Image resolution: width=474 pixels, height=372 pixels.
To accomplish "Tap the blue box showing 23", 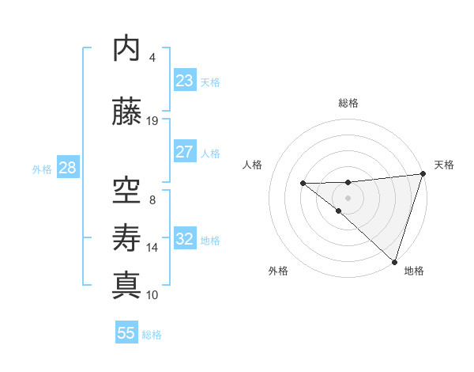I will click(185, 81).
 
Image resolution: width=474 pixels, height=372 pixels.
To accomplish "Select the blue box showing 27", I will click(185, 152).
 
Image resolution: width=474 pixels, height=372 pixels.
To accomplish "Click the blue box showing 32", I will click(185, 239).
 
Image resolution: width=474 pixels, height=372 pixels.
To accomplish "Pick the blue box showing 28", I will click(67, 168).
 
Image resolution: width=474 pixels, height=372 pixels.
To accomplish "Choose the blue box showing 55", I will click(126, 333).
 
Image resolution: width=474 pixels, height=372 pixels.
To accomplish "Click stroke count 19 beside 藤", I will click(152, 120).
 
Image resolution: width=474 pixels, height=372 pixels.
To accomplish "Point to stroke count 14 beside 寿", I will click(152, 247).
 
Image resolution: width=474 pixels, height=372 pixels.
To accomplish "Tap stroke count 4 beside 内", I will click(152, 57).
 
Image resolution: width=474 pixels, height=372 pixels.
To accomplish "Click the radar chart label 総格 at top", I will click(348, 103).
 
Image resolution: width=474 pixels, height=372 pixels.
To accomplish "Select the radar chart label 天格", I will click(445, 165).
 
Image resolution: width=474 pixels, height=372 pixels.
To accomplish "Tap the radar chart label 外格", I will click(278, 271).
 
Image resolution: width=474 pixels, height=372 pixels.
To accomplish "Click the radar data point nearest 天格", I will click(423, 174).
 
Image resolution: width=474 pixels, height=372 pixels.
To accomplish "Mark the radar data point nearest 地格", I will click(394, 261).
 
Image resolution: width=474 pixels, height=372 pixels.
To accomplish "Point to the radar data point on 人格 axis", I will click(303, 184).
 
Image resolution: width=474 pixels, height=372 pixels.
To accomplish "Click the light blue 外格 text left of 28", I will click(42, 169).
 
